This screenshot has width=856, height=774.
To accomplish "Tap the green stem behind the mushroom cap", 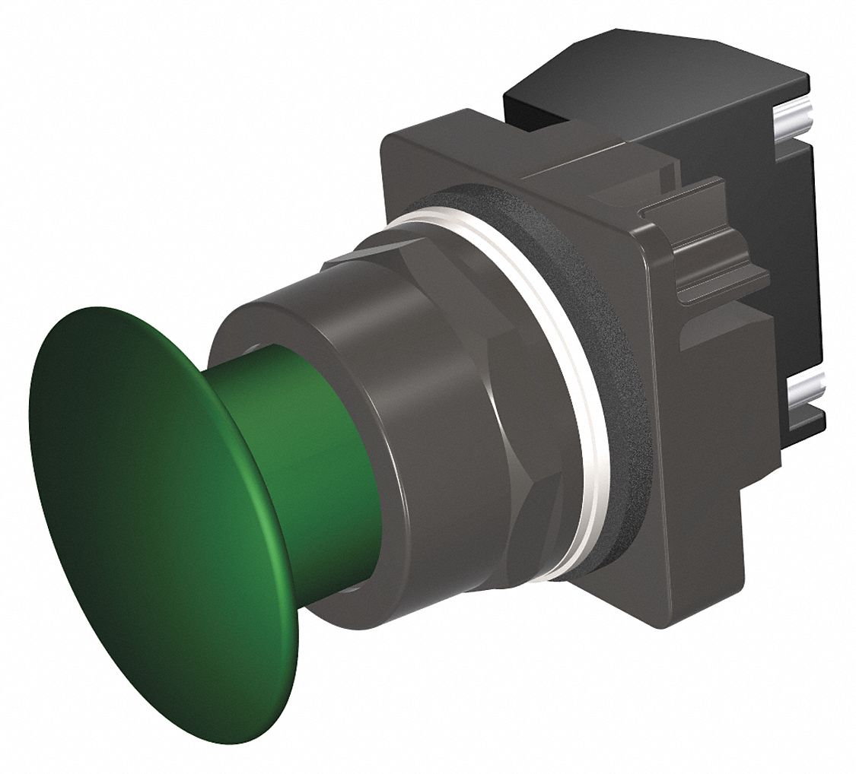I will pos(335,456).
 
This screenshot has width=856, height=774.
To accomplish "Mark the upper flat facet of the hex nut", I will pos(396,251).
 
